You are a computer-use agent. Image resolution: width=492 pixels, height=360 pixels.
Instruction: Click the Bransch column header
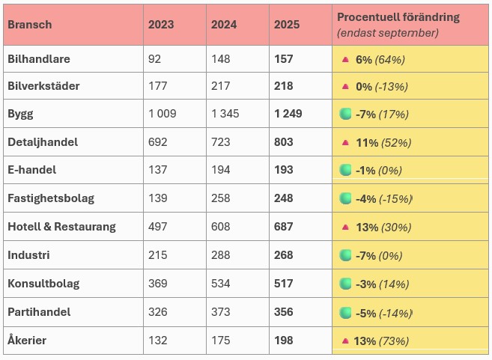(x=30, y=25)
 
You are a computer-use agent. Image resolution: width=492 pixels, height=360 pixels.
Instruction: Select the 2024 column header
(x=224, y=25)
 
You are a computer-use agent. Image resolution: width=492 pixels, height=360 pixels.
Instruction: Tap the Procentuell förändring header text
(x=398, y=17)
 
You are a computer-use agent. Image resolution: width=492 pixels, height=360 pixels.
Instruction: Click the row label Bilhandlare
(x=39, y=59)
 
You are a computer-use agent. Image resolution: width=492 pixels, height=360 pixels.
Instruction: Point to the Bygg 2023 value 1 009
(x=163, y=114)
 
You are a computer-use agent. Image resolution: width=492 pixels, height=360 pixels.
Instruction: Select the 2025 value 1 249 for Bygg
(x=288, y=114)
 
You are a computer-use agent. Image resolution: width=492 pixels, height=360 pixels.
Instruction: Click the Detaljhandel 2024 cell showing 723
(x=221, y=142)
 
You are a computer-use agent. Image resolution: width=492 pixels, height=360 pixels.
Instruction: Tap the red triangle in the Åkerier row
(x=345, y=341)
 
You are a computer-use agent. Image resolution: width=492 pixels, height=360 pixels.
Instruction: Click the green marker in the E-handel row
(x=345, y=170)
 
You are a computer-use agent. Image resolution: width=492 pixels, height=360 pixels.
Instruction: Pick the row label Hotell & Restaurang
(x=62, y=227)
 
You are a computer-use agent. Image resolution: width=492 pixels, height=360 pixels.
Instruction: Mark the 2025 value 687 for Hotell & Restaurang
(x=284, y=227)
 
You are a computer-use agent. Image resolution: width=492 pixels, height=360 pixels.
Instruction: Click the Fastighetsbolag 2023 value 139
(x=158, y=198)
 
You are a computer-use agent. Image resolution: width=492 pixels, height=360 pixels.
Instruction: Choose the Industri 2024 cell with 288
(x=221, y=255)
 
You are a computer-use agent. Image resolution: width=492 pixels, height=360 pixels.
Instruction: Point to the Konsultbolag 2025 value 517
(x=284, y=284)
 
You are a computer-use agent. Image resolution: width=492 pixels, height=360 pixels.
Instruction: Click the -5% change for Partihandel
(x=366, y=313)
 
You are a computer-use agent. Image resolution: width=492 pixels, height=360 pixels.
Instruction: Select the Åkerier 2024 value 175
(x=221, y=341)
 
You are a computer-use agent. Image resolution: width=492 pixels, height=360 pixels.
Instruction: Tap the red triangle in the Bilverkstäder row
(x=345, y=86)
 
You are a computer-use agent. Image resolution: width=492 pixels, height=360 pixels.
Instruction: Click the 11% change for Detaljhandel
(x=367, y=143)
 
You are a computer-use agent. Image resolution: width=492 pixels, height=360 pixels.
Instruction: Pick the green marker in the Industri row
(x=345, y=255)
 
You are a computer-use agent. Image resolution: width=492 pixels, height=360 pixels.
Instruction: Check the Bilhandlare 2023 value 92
(x=155, y=59)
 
